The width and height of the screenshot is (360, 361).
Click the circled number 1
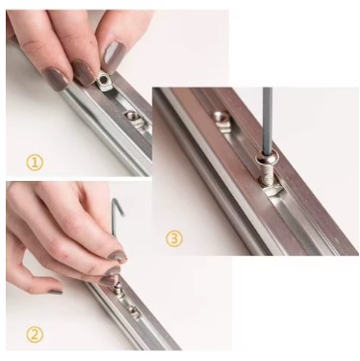(35, 162)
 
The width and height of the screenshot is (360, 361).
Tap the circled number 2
(35, 335)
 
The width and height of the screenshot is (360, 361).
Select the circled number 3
(174, 239)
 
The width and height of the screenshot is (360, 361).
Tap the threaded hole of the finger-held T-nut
(102, 79)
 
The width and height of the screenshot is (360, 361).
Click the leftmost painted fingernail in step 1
(57, 78)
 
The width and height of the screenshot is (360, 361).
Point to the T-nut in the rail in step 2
(133, 312)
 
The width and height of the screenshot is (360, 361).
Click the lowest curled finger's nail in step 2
(55, 292)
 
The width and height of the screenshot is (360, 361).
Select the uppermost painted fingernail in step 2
(117, 256)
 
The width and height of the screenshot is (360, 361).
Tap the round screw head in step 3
(268, 159)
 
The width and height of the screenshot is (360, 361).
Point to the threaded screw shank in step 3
(268, 176)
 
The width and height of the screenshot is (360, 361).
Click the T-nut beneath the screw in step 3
(272, 190)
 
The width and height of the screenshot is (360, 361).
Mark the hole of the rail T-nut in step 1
(131, 115)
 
